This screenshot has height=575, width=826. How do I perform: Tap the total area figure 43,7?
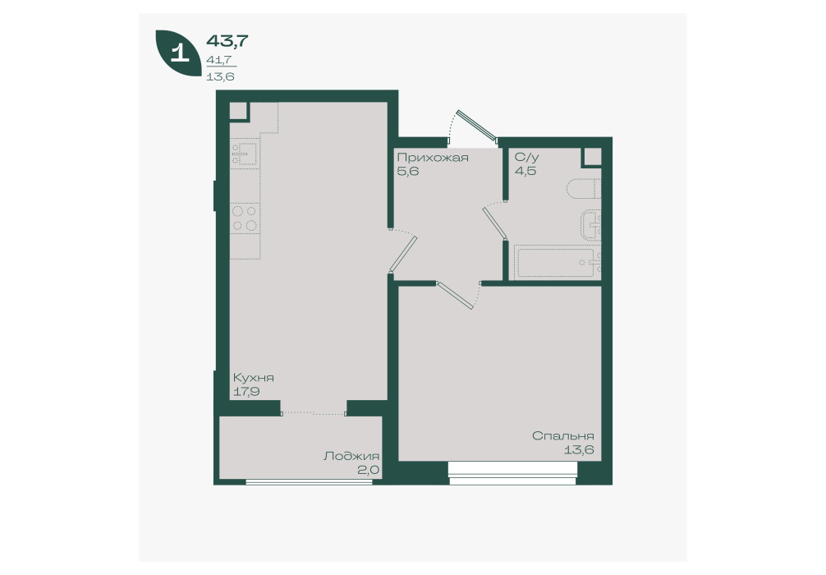coord(227,40)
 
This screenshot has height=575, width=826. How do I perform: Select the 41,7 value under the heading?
coord(220,60)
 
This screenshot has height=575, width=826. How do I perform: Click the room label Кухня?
coord(254,379)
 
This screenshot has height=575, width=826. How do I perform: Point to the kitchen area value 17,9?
coord(246,392)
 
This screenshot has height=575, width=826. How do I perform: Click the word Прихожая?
coord(433,158)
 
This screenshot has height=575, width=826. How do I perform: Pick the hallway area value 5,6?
coord(408,172)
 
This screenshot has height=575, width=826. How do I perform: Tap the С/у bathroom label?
coord(527,158)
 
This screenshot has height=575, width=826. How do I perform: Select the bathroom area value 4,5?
coord(525,172)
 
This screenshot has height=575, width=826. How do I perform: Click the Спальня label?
coord(563,436)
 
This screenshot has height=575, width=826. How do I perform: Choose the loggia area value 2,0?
coord(369,470)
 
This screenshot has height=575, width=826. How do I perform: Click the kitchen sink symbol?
coord(245,152)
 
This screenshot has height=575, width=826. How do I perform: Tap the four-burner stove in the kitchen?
coord(245,218)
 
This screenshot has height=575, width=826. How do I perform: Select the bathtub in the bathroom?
coord(558,262)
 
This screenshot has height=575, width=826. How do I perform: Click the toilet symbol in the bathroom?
coord(585,190)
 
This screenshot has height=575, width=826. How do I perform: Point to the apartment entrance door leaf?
coord(478,126)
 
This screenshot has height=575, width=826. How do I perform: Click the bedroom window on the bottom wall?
coord(513,473)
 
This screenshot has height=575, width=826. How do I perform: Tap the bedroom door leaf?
coord(455,296)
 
